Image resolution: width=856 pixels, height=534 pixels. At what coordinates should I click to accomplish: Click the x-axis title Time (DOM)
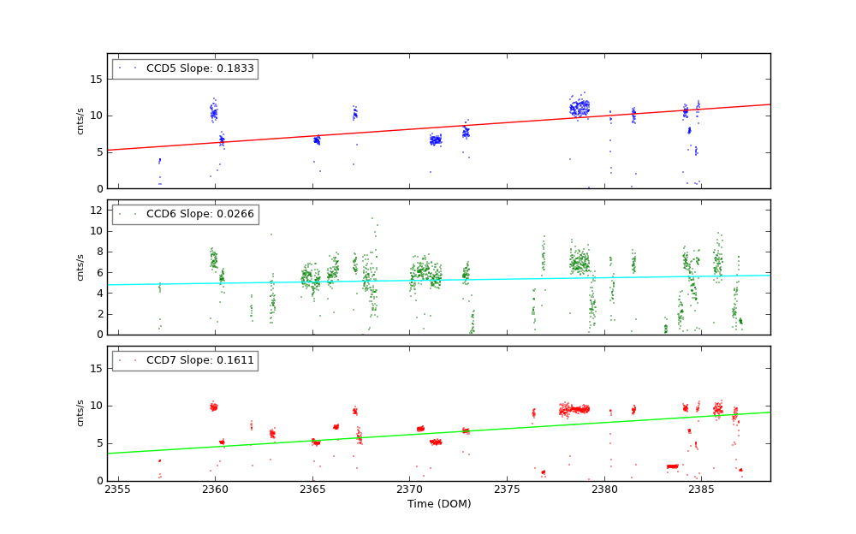click(438, 504)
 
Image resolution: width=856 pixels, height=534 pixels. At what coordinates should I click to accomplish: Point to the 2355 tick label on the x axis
click(117, 490)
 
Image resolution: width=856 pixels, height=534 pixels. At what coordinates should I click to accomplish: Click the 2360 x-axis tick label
click(215, 490)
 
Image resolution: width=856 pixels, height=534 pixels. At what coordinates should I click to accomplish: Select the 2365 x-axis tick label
click(312, 490)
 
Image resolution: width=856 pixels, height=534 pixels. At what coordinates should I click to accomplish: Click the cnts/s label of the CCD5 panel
click(80, 121)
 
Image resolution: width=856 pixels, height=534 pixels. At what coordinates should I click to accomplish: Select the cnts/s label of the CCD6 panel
click(80, 267)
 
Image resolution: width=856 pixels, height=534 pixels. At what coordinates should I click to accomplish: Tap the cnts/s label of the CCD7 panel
click(80, 413)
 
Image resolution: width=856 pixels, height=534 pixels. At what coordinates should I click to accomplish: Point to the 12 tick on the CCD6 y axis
click(96, 211)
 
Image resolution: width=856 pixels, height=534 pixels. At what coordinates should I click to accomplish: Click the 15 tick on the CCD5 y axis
click(96, 79)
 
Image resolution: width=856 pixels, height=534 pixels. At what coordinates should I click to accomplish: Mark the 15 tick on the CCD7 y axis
click(96, 369)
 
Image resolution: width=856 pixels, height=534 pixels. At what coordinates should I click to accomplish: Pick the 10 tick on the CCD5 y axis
click(96, 116)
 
